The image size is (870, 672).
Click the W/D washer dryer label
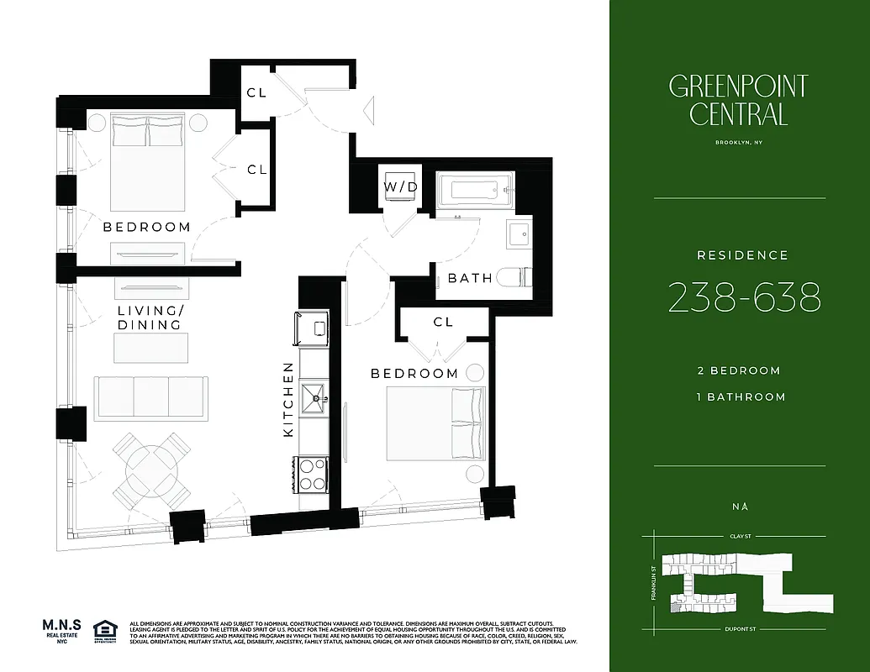click(x=400, y=186)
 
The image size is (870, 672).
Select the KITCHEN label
click(x=288, y=399)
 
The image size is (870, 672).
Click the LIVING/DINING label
click(x=150, y=318)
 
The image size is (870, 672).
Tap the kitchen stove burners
click(x=313, y=473)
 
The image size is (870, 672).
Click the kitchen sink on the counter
click(x=314, y=392)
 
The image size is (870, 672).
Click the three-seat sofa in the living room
click(x=151, y=397)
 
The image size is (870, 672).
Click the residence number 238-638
click(x=744, y=297)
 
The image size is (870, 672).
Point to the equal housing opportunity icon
click(x=105, y=630)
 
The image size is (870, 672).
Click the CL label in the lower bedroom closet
click(x=443, y=322)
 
